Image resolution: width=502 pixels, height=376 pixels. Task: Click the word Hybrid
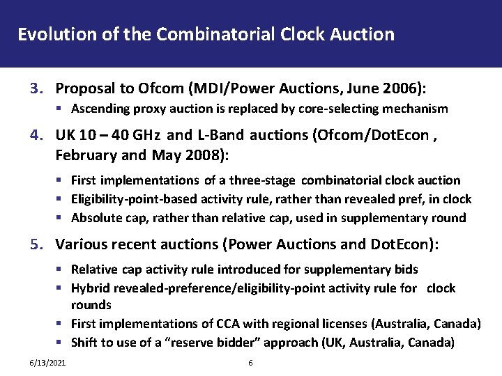89,288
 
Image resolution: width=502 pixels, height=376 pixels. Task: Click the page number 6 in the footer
251,363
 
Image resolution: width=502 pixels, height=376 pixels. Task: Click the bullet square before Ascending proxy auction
63,109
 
